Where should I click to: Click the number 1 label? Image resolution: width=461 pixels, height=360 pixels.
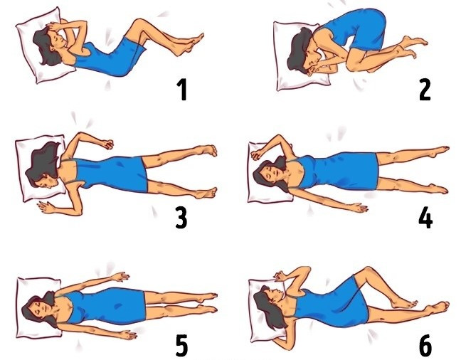182,90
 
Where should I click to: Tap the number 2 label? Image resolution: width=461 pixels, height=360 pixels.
425,90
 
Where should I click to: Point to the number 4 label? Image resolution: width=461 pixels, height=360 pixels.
425,219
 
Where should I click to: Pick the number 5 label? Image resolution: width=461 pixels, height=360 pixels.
181,345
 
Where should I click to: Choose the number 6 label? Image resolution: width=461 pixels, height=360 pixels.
425,345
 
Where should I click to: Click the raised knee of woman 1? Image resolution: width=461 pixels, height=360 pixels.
139,23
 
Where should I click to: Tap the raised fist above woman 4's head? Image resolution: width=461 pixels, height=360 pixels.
256,154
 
